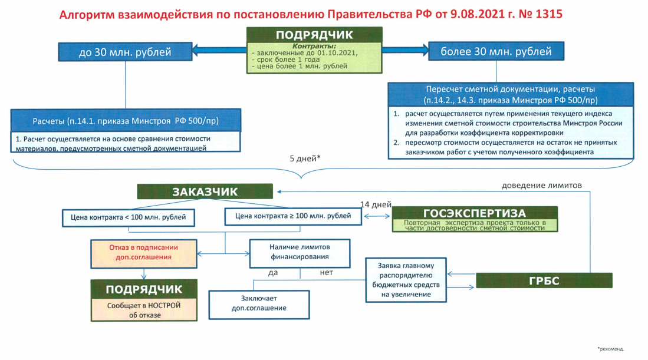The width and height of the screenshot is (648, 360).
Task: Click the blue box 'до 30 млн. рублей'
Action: pyautogui.click(x=125, y=52)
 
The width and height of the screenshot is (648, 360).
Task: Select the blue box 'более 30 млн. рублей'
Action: pyautogui.click(x=496, y=51)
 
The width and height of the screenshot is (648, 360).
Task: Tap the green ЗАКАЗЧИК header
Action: pyautogui.click(x=205, y=191)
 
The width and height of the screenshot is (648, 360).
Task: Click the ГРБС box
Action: pyautogui.click(x=544, y=280)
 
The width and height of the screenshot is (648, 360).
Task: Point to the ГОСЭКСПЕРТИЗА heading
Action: pyautogui.click(x=475, y=213)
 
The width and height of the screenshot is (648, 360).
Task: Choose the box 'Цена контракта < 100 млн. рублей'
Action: pyautogui.click(x=128, y=217)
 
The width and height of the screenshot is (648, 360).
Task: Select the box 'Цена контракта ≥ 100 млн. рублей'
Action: pyautogui.click(x=293, y=216)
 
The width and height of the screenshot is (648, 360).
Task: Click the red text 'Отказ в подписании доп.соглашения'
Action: pyautogui.click(x=143, y=252)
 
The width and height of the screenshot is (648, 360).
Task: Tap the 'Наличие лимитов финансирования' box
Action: pyautogui.click(x=300, y=253)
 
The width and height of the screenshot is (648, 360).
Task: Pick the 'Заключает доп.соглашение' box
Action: pyautogui.click(x=259, y=305)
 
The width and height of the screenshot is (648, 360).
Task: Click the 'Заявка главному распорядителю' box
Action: pyautogui.click(x=406, y=280)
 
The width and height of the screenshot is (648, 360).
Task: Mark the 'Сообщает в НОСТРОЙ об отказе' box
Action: pyautogui.click(x=144, y=310)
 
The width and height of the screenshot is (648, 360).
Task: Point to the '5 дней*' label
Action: pyautogui.click(x=305, y=158)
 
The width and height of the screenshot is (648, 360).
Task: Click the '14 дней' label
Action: pyautogui.click(x=376, y=204)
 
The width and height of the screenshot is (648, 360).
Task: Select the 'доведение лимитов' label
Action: pyautogui.click(x=542, y=186)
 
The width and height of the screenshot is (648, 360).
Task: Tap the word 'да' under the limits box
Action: pyautogui.click(x=273, y=273)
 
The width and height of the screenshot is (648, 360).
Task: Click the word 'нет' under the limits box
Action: pyautogui.click(x=326, y=272)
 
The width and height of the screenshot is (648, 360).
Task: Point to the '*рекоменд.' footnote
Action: pyautogui.click(x=610, y=349)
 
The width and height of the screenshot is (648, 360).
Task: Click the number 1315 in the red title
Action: pyautogui.click(x=549, y=14)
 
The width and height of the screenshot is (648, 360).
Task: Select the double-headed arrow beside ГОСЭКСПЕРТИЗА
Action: pyautogui.click(x=377, y=216)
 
